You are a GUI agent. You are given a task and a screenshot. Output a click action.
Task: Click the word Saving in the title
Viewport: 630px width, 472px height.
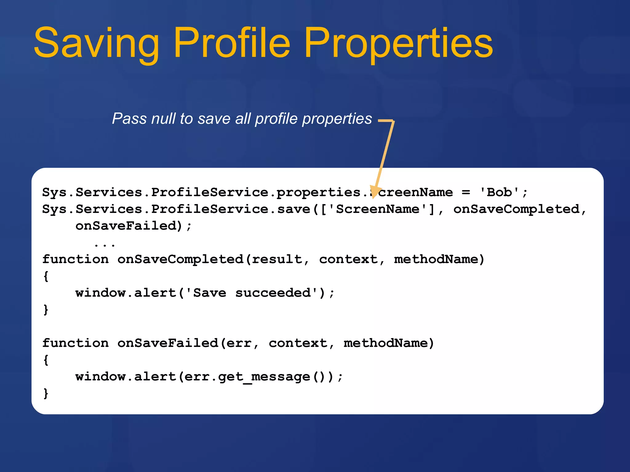click(96, 43)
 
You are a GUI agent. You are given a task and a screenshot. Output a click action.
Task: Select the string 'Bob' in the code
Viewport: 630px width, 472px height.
click(499, 193)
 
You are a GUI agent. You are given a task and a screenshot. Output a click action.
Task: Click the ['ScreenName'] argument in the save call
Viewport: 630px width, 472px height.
click(377, 210)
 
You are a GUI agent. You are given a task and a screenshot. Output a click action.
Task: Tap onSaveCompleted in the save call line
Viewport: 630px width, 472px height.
click(516, 210)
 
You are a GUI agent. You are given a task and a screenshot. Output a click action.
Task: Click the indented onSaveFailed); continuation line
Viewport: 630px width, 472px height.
click(134, 226)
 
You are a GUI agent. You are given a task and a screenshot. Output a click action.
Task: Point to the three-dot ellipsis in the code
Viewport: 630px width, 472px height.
click(105, 245)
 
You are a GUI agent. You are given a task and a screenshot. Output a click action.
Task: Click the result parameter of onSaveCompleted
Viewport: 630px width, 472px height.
click(277, 260)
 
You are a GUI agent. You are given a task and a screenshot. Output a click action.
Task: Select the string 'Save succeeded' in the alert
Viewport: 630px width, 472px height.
click(252, 293)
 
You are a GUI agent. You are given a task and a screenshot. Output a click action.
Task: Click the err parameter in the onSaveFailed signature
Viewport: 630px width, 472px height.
click(239, 343)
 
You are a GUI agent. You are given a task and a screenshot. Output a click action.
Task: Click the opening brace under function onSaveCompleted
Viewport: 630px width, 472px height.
click(46, 276)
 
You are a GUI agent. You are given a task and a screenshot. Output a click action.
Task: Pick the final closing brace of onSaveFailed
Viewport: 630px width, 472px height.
click(46, 393)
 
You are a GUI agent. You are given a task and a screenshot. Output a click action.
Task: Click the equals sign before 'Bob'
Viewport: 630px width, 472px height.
click(466, 193)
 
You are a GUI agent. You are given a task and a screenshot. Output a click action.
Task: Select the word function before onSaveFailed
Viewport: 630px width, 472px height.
click(75, 343)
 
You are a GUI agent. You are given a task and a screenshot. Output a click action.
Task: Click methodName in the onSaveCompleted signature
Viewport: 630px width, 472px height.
click(436, 260)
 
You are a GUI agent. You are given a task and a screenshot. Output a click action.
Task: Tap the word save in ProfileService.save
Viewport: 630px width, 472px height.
click(294, 210)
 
